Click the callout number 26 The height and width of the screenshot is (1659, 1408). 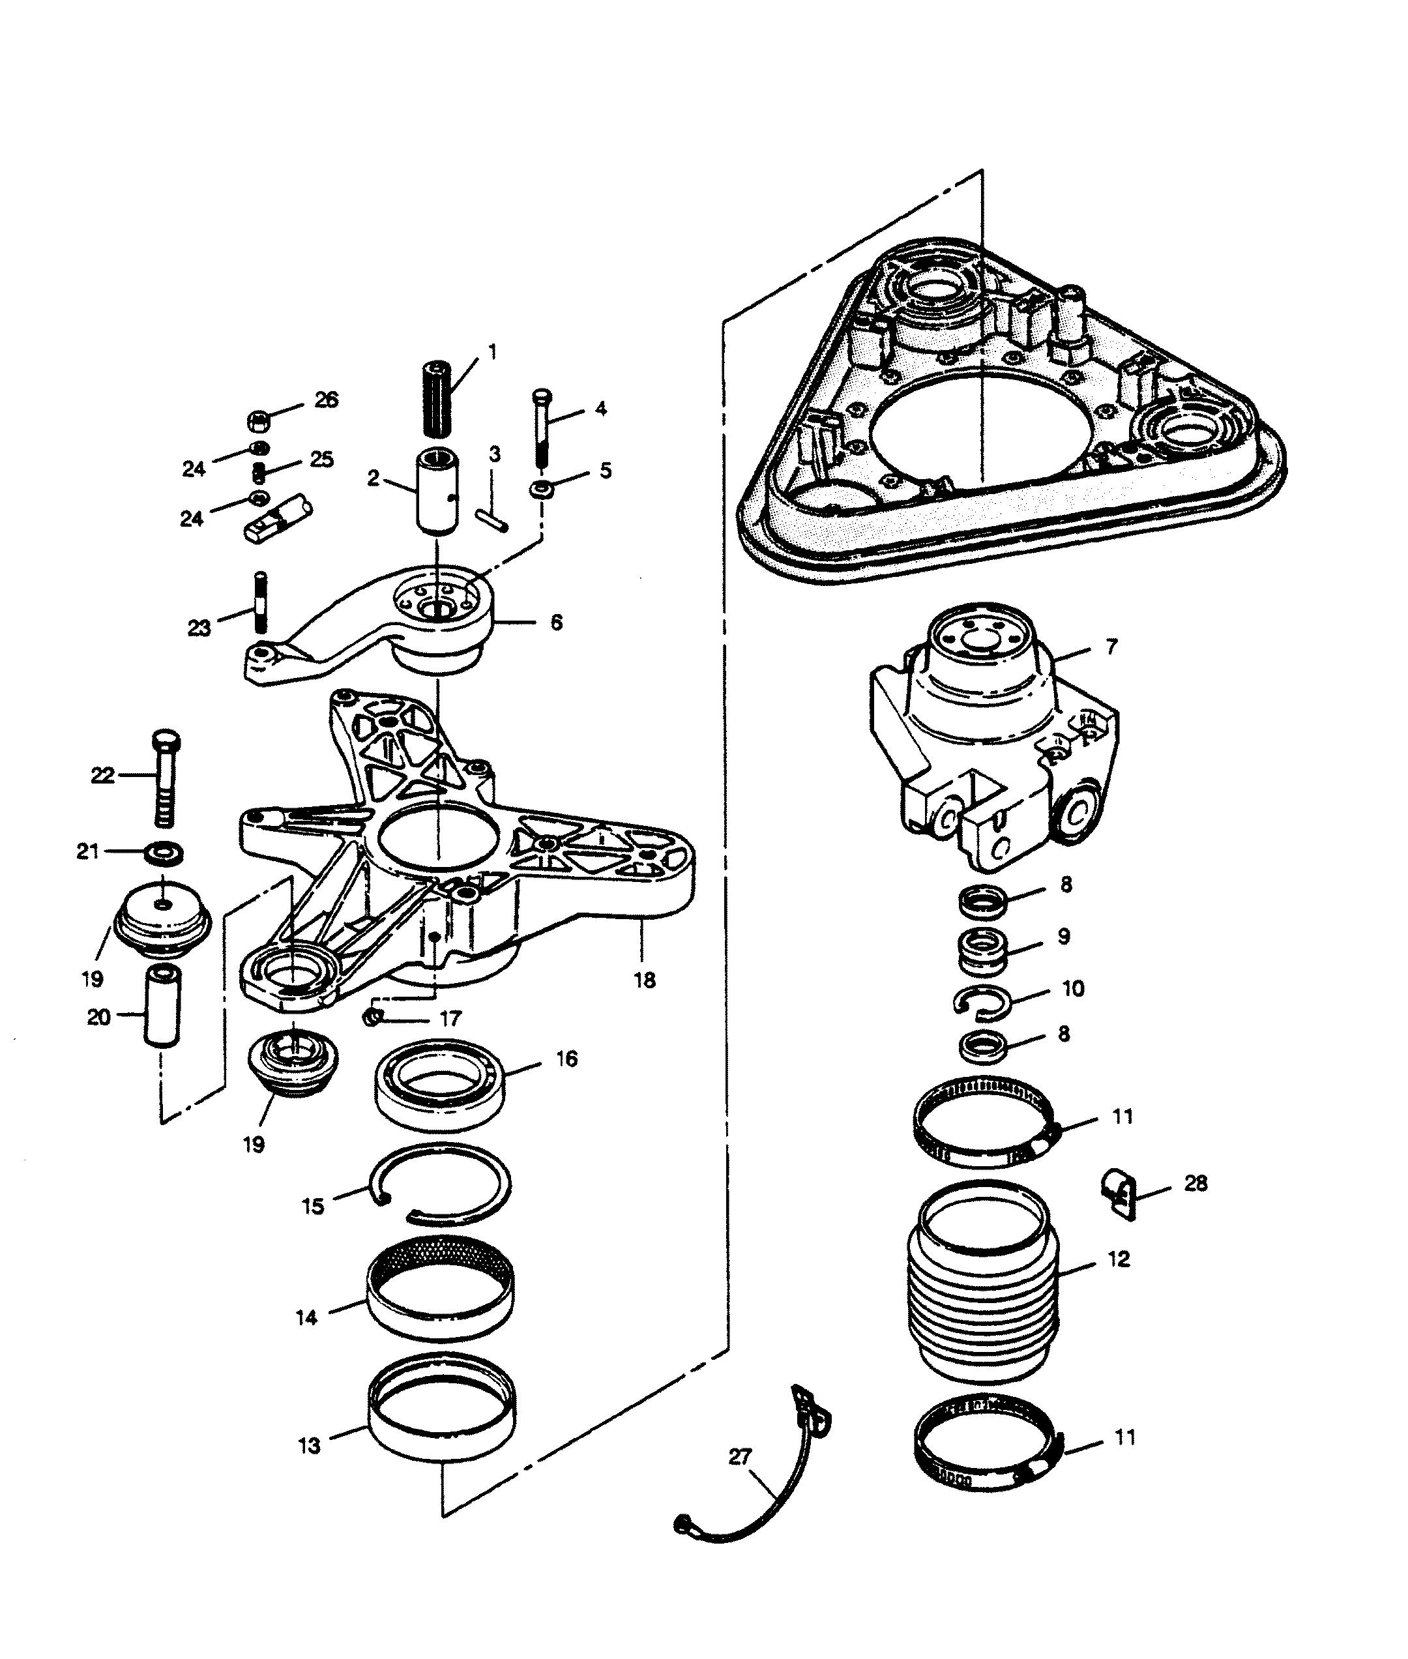[326, 400]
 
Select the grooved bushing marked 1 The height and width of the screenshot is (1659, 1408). [435, 399]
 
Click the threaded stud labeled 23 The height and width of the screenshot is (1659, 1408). [259, 602]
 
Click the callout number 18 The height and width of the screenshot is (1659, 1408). [644, 980]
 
